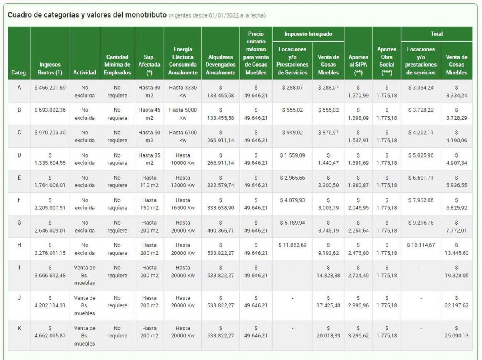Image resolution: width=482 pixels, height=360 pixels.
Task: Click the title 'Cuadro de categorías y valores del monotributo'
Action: coord(87,15)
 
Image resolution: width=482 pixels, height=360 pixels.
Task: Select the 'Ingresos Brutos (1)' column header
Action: coord(50,68)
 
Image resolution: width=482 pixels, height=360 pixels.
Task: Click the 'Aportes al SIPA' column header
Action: coord(358,65)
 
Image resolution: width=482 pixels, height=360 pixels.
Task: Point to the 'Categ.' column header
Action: coord(19,73)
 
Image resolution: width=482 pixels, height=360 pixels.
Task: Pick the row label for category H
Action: coord(19,245)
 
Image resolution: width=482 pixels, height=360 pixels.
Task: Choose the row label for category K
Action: coord(19,328)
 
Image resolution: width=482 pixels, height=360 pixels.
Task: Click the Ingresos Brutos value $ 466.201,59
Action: coord(50,88)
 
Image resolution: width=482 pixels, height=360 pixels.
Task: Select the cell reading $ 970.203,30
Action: coord(50,133)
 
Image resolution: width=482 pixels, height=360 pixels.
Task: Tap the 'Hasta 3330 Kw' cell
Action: coord(183,91)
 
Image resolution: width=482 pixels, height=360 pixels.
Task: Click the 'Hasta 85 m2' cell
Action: coord(149,159)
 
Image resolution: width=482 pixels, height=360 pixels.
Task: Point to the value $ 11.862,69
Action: coord(292,245)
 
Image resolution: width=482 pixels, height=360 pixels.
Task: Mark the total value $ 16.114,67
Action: coord(421,245)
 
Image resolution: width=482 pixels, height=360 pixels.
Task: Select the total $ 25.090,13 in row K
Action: coord(456,332)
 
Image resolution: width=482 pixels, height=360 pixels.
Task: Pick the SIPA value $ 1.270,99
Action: coord(358,91)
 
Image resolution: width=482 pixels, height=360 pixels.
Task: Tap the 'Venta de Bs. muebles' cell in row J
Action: coord(85,305)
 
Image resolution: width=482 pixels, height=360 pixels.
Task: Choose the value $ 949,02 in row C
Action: coord(292,133)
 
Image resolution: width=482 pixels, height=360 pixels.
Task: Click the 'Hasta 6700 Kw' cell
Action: coord(183,136)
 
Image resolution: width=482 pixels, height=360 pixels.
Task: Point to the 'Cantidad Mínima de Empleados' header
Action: coord(117,65)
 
